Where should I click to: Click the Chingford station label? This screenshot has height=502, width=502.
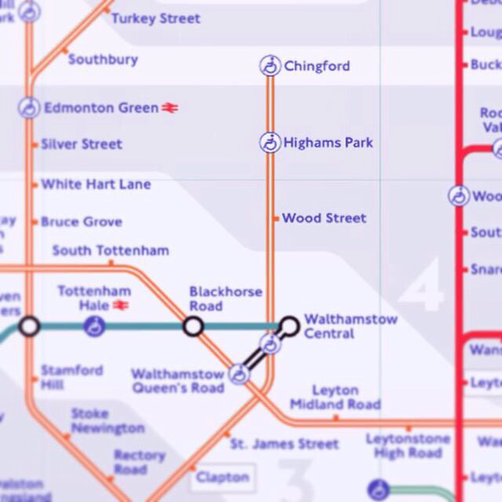tap(316, 66)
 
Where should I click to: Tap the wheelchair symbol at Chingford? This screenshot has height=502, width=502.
tap(270, 66)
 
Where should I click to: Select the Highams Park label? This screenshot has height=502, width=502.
tap(328, 143)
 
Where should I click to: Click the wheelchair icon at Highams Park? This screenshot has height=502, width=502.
tap(270, 143)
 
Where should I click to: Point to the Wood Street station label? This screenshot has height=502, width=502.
tap(324, 218)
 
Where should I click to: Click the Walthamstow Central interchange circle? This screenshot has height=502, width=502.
tap(289, 325)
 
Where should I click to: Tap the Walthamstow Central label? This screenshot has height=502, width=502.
tap(350, 326)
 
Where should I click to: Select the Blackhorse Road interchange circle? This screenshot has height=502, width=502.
tap(193, 326)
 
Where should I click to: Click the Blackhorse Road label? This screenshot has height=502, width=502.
tap(225, 299)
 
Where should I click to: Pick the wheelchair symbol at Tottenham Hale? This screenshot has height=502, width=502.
tap(94, 326)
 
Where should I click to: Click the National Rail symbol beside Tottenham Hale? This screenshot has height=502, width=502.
tap(120, 305)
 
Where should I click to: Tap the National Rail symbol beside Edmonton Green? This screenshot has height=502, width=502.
tap(170, 108)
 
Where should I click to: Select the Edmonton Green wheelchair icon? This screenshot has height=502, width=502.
tap(29, 107)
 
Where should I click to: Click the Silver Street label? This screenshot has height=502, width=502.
tap(82, 144)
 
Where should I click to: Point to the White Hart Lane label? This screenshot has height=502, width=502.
tap(96, 184)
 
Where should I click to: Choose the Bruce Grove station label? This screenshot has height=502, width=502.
tap(81, 222)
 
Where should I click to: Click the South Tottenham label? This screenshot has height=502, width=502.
tap(110, 251)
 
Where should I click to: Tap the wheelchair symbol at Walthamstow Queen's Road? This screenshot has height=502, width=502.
tap(238, 374)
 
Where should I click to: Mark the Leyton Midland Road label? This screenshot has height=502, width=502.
tap(335, 397)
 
